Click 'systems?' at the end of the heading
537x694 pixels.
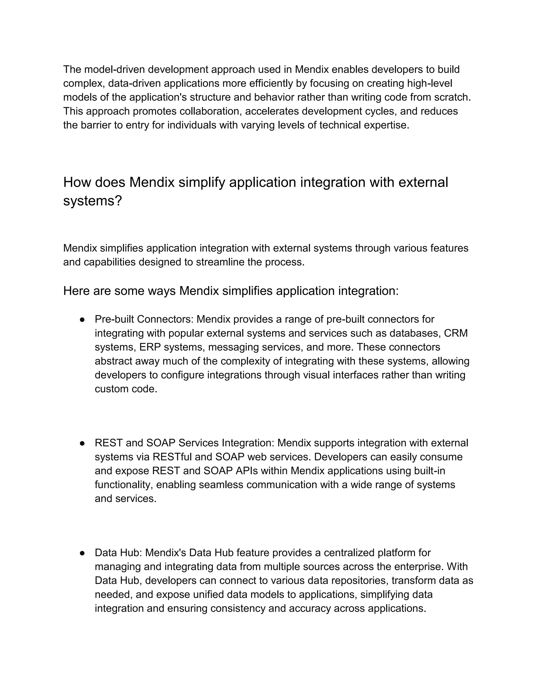[x=93, y=201]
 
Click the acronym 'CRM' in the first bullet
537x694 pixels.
[x=456, y=333]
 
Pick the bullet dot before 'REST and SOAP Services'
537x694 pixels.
[x=82, y=443]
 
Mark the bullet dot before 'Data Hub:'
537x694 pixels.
[x=82, y=553]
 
